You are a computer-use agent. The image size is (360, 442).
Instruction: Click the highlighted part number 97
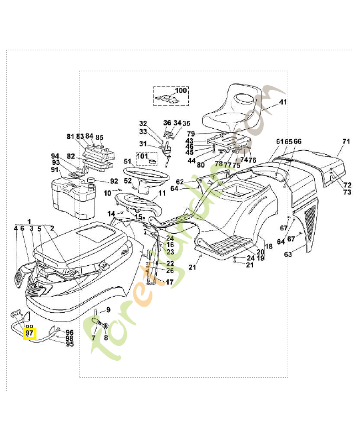pos(29,333)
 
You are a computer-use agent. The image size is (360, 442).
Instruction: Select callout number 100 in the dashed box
pos(181,91)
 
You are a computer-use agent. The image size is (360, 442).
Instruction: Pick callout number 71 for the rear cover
pos(346,141)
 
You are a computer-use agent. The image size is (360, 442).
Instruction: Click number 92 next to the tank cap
pos(114,181)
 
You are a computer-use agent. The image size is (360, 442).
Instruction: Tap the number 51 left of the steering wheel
pos(127,161)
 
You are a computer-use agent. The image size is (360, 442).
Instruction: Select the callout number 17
pos(170,282)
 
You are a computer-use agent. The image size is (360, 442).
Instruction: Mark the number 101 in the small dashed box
pos(142,156)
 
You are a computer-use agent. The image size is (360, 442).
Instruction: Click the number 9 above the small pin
pos(108,309)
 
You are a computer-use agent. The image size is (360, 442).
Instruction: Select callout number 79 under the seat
pos(190,134)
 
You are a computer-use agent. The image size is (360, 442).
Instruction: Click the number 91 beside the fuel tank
pos(55,169)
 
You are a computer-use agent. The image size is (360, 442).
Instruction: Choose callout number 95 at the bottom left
pos(70,344)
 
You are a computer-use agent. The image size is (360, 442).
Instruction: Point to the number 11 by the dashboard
pos(162,193)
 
